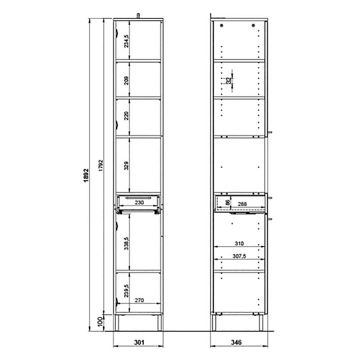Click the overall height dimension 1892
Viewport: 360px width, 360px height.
pos(86,175)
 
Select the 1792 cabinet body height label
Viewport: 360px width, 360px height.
pos(101,165)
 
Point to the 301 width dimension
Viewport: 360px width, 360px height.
pos(139,342)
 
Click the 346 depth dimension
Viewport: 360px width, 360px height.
pos(236,342)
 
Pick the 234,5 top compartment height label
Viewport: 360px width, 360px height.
pos(126,41)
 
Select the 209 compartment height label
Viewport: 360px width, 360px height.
pos(126,81)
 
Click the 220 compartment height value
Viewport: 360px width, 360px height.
pos(126,116)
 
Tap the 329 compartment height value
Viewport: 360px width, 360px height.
pos(126,166)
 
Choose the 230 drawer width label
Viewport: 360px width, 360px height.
pos(139,202)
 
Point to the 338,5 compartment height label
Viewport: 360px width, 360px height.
pos(126,243)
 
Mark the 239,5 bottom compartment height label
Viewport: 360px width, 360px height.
pos(126,291)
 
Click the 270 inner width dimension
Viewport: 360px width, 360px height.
pos(139,300)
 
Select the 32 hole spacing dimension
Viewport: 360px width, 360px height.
pos(229,81)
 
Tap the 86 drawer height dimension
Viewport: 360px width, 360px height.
pos(227,202)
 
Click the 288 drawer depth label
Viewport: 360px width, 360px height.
pos(242,204)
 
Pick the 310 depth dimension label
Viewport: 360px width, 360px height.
pos(239,243)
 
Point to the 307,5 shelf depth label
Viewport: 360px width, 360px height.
pos(239,256)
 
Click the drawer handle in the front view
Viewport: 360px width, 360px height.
pos(138,198)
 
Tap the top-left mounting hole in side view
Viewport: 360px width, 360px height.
pos(221,25)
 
